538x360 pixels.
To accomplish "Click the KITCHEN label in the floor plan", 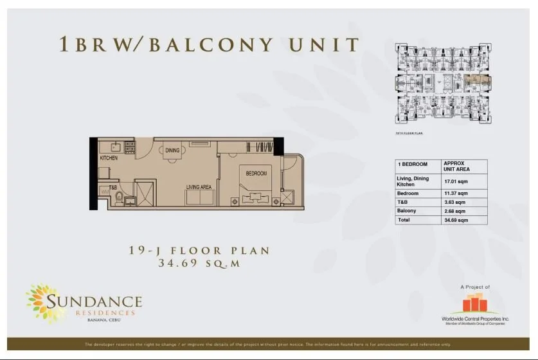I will pos(109,158).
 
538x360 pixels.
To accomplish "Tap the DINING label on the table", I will pos(172,151).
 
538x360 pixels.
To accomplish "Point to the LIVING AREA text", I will pos(199,187).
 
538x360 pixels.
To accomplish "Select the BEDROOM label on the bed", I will pos(256,174).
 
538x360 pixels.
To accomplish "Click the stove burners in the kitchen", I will pos(129,147).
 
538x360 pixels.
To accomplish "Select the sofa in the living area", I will pos(199,198).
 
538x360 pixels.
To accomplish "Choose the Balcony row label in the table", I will pos(407,210).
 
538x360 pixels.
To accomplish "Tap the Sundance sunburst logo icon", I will pos(45,302).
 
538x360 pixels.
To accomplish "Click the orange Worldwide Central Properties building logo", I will pos(474,303).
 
